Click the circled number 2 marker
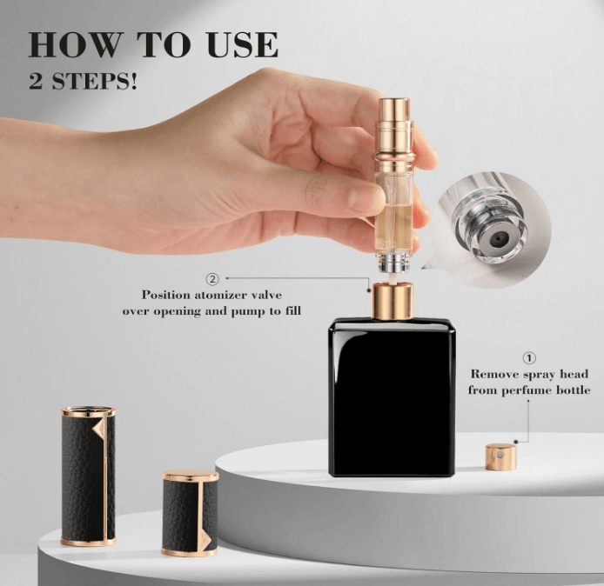211,279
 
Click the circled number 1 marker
527,357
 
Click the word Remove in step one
496,375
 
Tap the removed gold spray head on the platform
500,456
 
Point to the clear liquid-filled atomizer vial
393,196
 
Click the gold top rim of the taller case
88,410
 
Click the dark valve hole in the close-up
496,236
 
